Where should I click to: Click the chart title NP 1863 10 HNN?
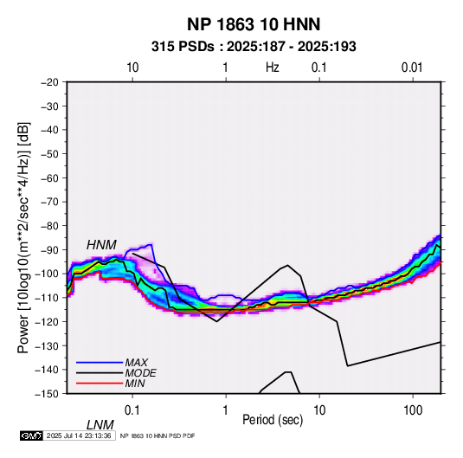pos(254,24)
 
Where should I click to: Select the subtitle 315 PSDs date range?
pos(254,47)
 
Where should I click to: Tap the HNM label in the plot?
pos(101,245)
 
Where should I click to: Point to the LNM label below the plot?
pos(100,425)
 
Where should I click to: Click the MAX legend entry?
pos(136,362)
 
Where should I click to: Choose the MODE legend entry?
pos(140,373)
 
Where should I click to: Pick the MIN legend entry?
pos(135,384)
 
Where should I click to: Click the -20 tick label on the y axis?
pos(49,82)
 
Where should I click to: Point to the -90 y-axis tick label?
pos(49,249)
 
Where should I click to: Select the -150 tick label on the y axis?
pos(47,394)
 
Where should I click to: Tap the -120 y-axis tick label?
pos(47,321)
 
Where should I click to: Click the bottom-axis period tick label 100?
pos(413,410)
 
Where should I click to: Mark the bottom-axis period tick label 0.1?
pos(132,410)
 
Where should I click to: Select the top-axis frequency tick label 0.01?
pos(412,68)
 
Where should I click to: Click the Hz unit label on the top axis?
pos(273,68)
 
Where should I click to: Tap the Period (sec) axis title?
pos(273,420)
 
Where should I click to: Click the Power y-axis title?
pos(23,237)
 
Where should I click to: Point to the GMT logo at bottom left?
pos(32,435)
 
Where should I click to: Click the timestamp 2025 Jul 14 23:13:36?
pos(79,435)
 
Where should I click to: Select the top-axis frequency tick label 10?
pos(132,68)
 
